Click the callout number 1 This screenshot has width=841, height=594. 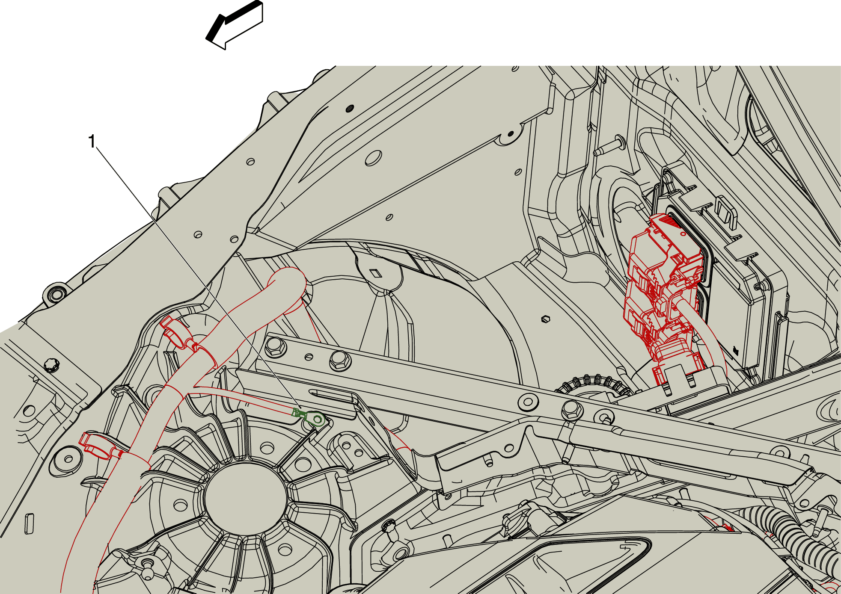pos(92,142)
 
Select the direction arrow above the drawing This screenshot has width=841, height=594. pos(235,25)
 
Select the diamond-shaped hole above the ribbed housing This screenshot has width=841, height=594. pos(375,273)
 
